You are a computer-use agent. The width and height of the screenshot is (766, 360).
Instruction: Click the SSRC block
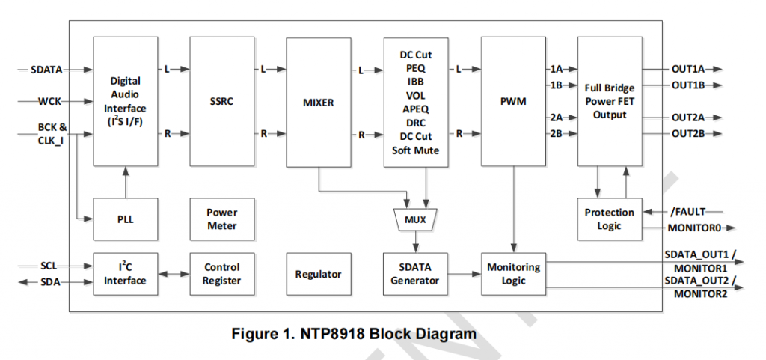222,102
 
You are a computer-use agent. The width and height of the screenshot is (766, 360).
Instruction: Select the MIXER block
319,102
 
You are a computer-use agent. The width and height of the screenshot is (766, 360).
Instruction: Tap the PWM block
513,102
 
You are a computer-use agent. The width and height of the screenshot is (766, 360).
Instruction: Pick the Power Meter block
222,219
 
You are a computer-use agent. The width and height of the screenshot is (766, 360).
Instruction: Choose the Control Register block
222,275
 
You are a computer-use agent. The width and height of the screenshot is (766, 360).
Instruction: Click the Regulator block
319,275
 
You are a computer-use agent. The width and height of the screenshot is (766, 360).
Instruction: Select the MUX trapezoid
416,220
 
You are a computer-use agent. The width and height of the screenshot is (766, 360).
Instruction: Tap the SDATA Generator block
416,275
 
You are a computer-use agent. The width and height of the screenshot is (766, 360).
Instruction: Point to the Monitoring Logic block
513,275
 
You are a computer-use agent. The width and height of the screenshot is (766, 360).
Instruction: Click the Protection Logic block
609,219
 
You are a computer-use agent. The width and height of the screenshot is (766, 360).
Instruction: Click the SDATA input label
46,70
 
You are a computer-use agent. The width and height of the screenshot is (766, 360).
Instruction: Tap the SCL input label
50,266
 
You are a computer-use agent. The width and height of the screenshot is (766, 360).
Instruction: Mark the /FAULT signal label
687,212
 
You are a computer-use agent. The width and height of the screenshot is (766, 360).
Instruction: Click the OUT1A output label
688,69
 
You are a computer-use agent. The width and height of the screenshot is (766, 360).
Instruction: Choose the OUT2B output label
688,134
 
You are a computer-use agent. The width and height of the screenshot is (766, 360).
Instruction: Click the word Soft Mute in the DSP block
417,150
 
